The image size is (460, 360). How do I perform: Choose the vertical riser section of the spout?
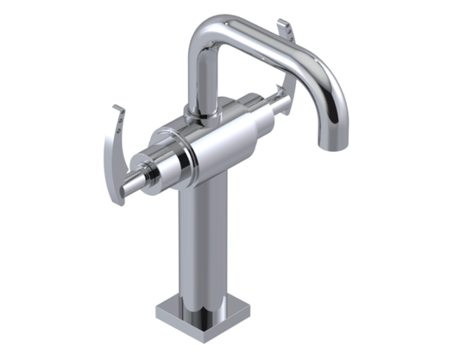click(x=201, y=78)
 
